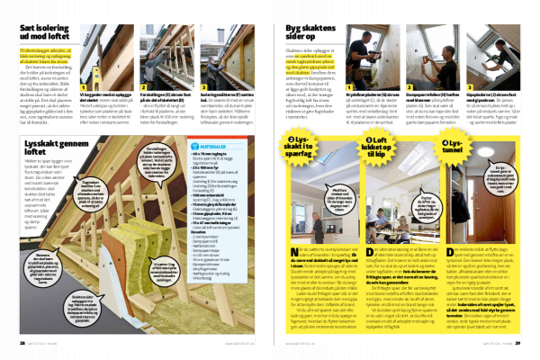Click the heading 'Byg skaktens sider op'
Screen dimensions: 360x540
point(309,32)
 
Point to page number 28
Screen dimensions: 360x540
point(22,341)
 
